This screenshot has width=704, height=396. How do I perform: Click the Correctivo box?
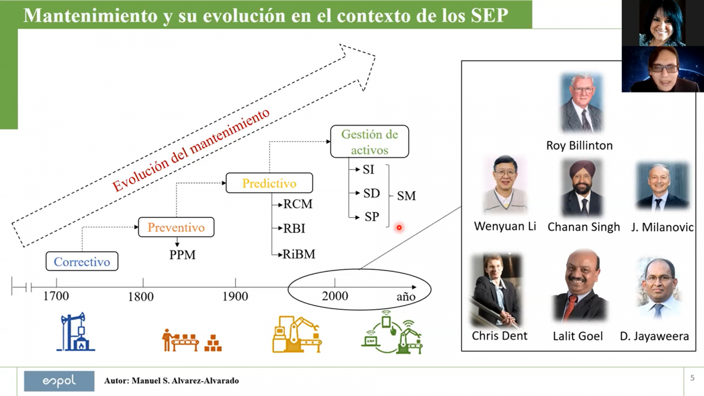tap(82, 261)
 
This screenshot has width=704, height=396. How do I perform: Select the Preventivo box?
tap(177, 227)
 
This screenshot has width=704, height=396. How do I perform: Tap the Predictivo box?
tap(269, 183)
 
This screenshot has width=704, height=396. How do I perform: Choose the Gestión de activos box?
tap(370, 141)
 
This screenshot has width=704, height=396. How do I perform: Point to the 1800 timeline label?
tap(141, 296)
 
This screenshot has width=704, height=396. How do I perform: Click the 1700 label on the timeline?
tap(56, 296)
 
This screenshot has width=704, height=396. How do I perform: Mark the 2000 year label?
tap(335, 296)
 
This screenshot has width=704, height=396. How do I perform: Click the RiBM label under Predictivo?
tap(299, 254)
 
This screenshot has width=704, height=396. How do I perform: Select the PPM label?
tap(182, 255)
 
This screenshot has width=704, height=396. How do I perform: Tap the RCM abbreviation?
tap(298, 204)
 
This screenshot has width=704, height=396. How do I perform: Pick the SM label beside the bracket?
tap(407, 196)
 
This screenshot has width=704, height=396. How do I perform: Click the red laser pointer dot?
tap(399, 228)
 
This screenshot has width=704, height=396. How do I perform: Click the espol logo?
tap(59, 381)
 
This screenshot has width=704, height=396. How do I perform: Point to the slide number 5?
tap(692, 378)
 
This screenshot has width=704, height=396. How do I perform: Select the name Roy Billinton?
tap(580, 145)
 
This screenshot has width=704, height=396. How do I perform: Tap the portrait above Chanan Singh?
tap(582, 188)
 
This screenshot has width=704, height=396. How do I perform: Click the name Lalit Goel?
tap(578, 336)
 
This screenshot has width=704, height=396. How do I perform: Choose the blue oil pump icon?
tap(76, 331)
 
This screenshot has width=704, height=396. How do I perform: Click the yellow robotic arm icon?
tap(297, 334)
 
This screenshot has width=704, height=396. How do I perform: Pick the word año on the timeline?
tap(406, 296)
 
